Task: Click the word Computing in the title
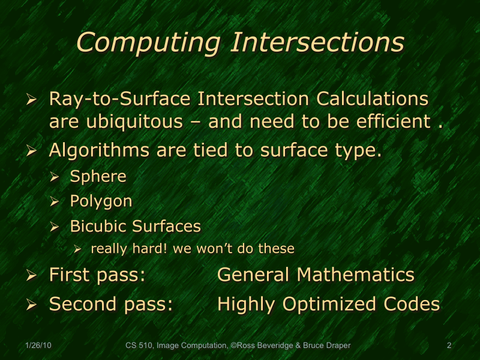click(x=150, y=43)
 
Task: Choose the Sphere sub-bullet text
click(x=98, y=176)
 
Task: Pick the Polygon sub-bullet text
click(x=101, y=202)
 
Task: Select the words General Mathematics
click(x=316, y=275)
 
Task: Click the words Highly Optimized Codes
click(x=328, y=304)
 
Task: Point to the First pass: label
click(x=98, y=275)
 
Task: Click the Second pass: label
click(x=111, y=304)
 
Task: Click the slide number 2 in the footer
click(x=449, y=346)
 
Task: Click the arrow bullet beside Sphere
click(x=55, y=178)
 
